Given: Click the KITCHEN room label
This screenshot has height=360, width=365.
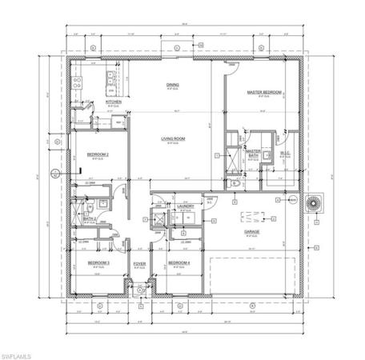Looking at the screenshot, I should click(x=114, y=102).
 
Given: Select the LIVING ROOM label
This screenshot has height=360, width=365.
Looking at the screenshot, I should click(x=174, y=140).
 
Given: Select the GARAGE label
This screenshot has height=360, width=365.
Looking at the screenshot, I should click(x=255, y=231).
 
